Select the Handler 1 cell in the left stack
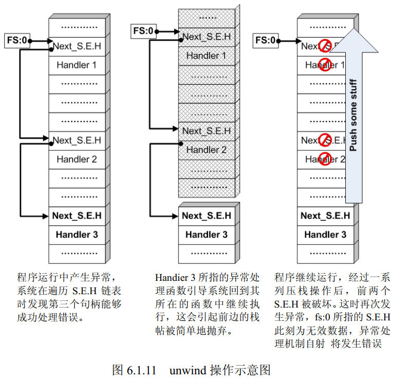77,65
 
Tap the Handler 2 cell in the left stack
77,159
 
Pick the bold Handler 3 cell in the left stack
77,235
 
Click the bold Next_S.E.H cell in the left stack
77,216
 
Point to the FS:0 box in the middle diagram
143,31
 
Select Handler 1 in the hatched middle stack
206,55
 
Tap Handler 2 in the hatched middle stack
206,150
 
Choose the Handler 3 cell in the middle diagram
206,235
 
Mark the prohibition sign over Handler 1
325,65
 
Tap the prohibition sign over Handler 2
325,158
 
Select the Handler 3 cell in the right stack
325,235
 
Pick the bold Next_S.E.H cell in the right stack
325,216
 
